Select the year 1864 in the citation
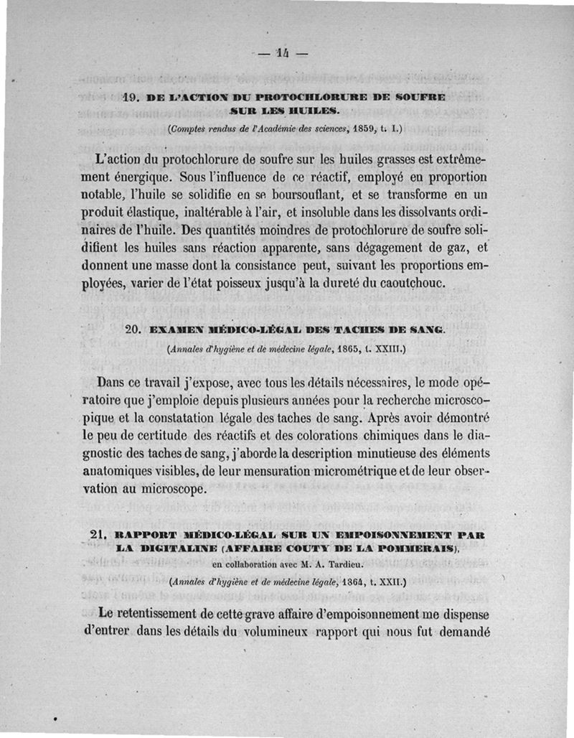pyautogui.click(x=341, y=583)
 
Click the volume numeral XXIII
pyautogui.click(x=386, y=350)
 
